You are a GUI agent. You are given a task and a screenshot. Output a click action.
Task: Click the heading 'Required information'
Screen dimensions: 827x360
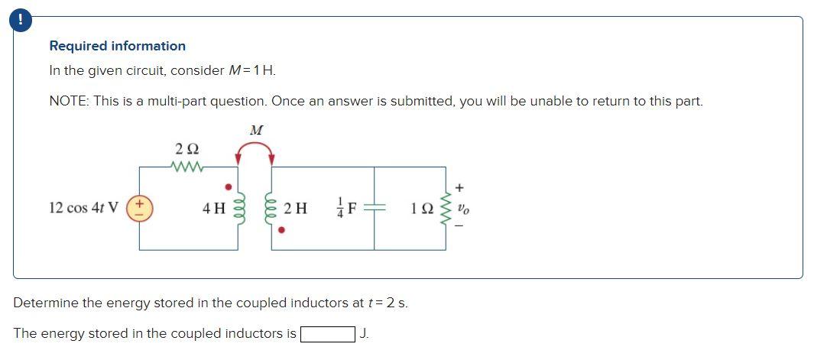tap(117, 46)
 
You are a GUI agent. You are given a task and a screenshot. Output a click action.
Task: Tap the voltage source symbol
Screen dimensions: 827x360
tap(139, 207)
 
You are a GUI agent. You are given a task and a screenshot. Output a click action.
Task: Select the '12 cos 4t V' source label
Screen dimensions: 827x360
tap(83, 208)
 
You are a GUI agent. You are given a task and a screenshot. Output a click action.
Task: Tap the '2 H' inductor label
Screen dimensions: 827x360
tap(295, 208)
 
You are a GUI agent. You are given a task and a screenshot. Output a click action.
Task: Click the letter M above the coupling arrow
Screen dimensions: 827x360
tap(256, 131)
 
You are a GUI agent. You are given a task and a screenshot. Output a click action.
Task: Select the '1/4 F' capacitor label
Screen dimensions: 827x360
tap(345, 208)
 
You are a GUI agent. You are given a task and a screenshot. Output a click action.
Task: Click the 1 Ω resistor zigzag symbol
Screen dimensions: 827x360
tap(446, 208)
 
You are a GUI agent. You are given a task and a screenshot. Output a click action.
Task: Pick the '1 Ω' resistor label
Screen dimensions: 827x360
tap(420, 208)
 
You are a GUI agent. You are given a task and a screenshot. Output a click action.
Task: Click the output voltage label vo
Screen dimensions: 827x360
tap(462, 208)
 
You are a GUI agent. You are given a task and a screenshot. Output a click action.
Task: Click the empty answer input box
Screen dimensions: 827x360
tap(327, 334)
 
